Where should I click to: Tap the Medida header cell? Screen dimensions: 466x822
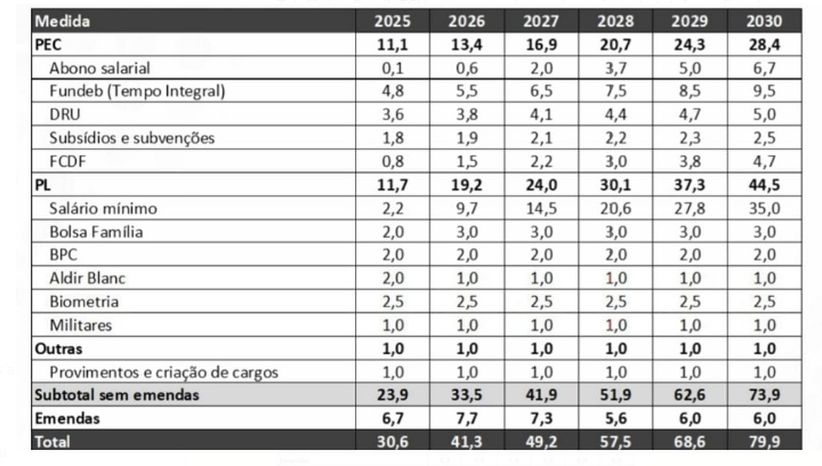63,21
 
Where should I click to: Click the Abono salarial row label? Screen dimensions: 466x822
99,68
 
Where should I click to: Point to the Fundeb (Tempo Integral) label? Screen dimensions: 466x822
137,91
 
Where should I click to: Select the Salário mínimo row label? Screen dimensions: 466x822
103,208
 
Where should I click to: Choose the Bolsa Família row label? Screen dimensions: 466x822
96,231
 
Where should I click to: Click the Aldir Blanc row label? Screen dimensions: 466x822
87,278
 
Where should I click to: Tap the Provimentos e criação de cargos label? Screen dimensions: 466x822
164,372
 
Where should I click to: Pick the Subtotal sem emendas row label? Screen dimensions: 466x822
117,395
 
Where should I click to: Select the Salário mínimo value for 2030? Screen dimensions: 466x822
765,208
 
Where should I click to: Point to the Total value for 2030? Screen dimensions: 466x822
765,441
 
